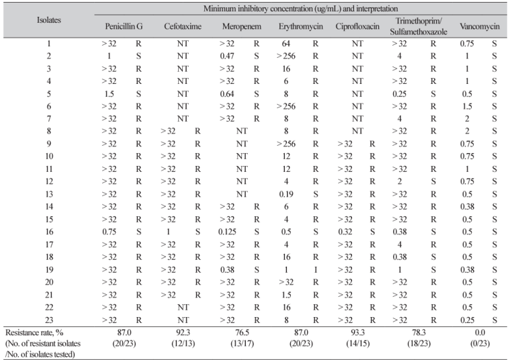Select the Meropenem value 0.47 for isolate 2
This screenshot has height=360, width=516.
(x=228, y=56)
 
